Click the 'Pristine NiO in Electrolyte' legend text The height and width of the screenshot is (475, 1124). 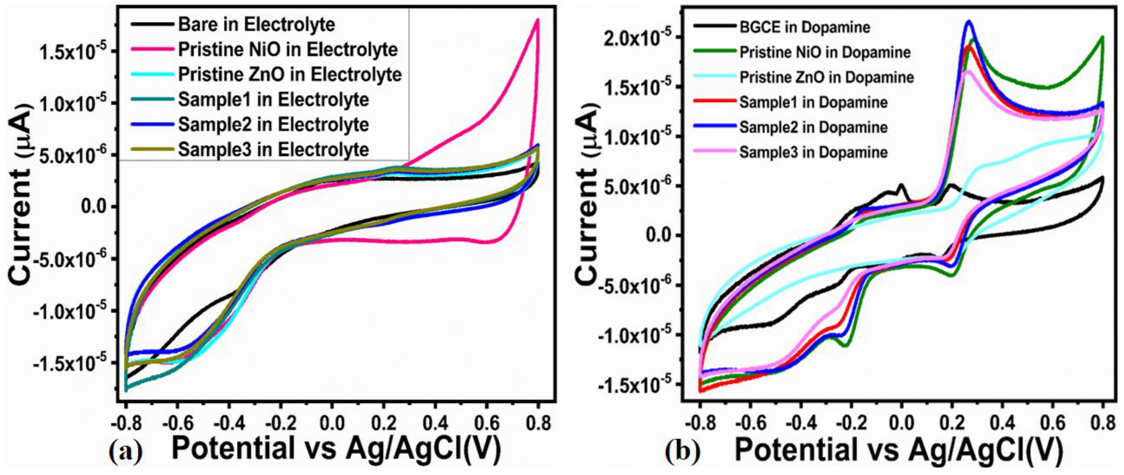[288, 50]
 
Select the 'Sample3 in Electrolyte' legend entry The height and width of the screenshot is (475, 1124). [274, 150]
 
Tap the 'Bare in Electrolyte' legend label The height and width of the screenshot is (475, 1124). [256, 25]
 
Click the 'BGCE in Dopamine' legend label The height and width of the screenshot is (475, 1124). [805, 28]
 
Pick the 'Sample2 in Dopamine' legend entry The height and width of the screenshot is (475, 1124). [813, 127]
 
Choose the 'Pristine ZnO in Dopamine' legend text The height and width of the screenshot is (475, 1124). [826, 77]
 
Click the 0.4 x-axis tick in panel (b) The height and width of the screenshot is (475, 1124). [1003, 424]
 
